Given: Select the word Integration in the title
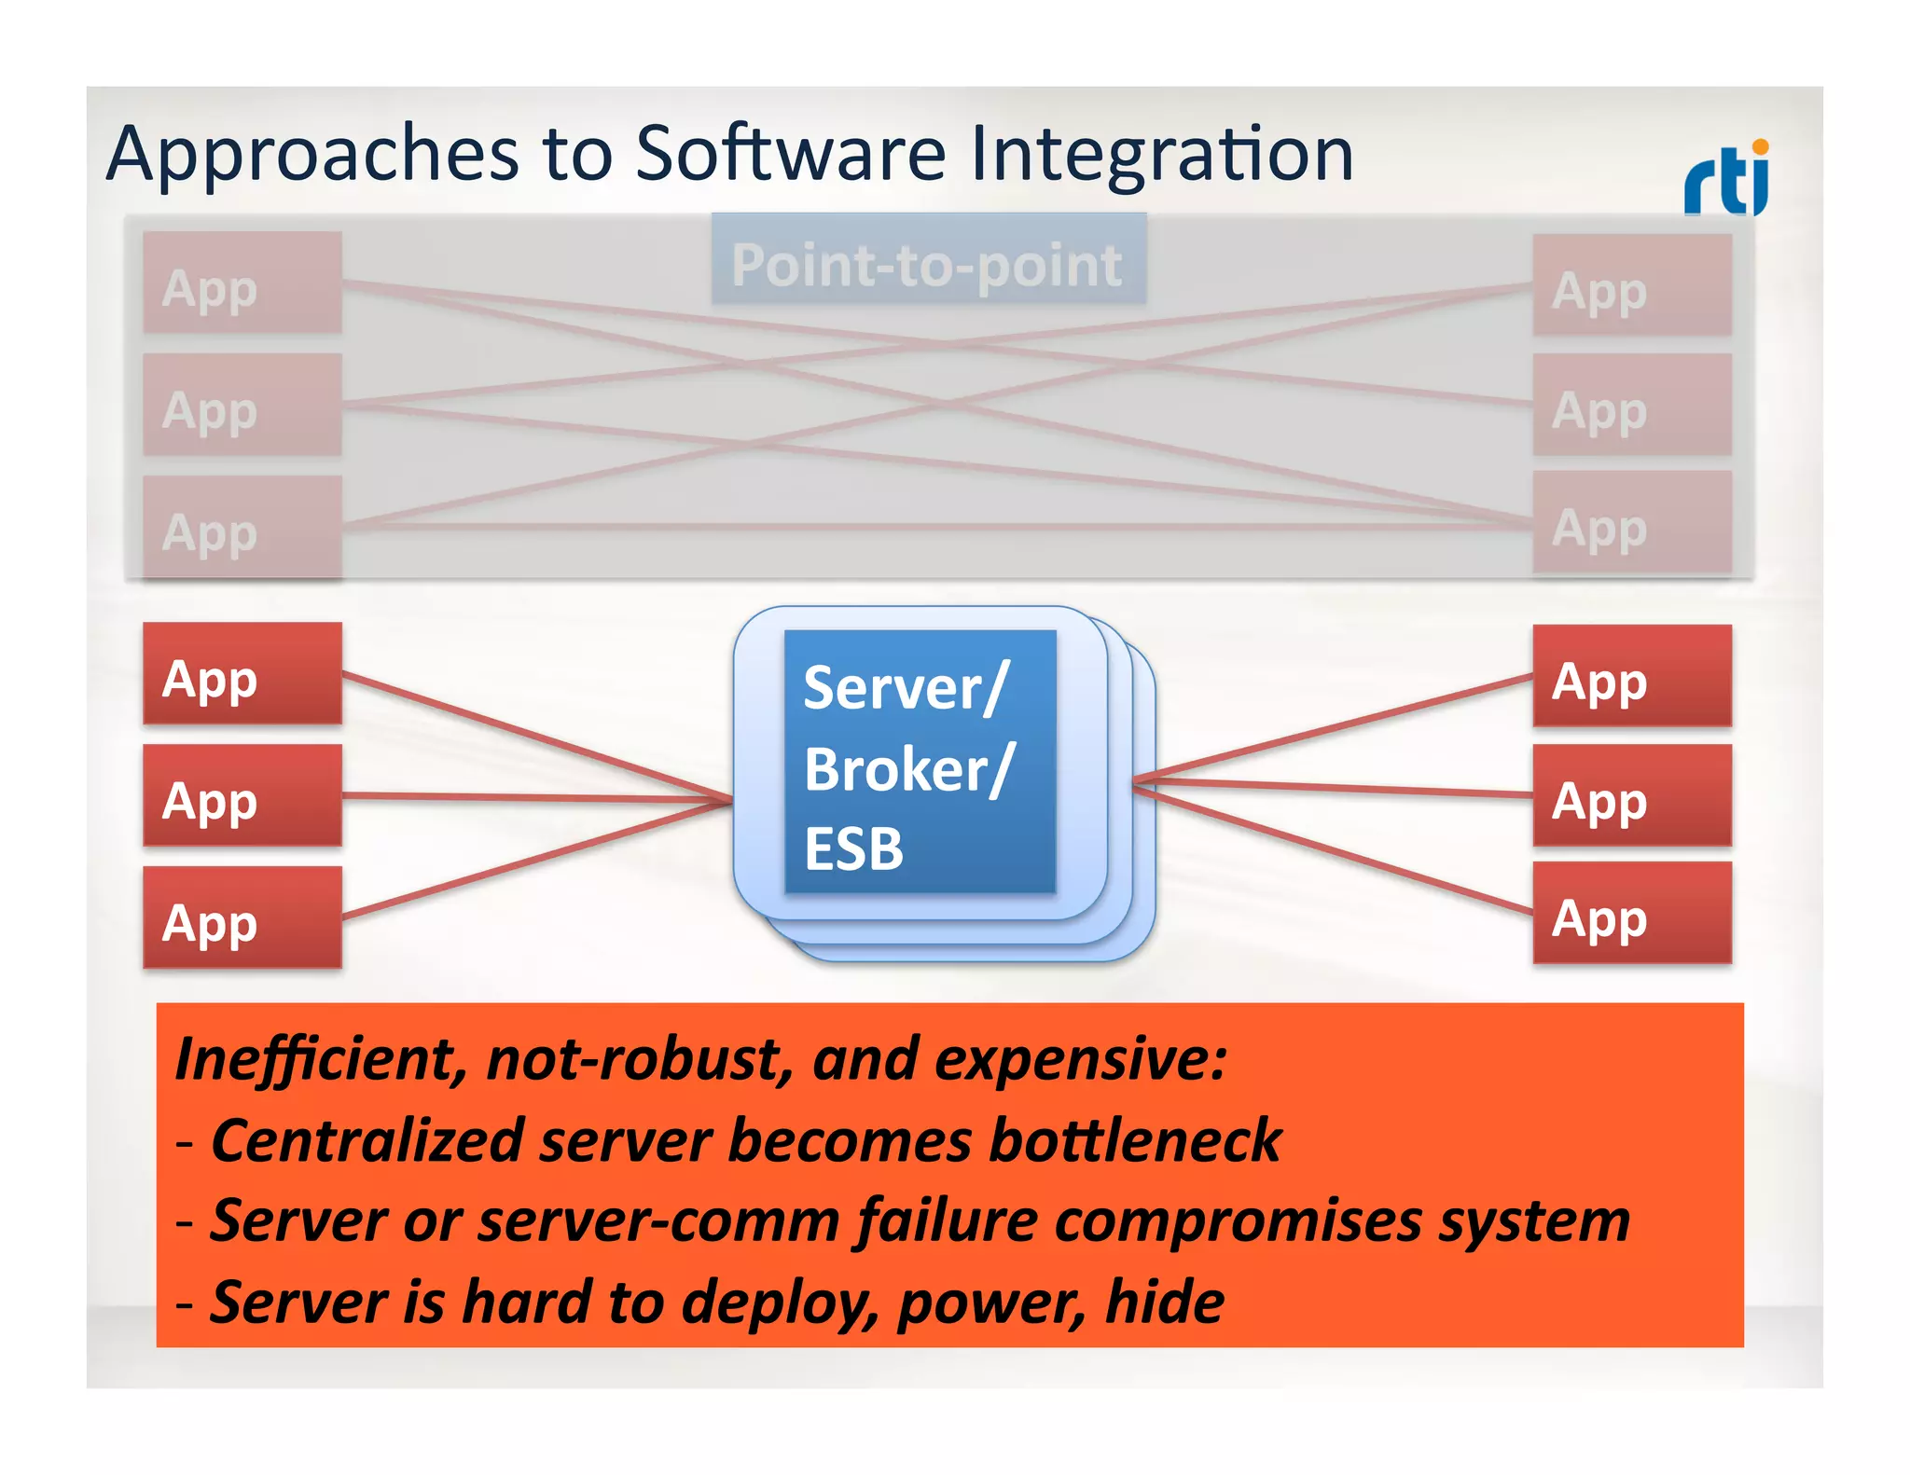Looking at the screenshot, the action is pos(1161,154).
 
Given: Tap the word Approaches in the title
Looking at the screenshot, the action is pos(312,154).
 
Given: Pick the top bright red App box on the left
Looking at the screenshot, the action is pos(242,673).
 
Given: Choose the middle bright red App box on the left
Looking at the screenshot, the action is pos(242,795).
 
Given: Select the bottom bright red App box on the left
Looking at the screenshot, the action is pos(242,917).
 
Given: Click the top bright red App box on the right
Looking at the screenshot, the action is pos(1632,676).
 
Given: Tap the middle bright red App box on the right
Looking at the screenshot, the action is pos(1632,795).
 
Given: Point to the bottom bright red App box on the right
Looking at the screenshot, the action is pos(1632,913).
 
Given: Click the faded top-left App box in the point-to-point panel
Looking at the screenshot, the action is pos(242,283).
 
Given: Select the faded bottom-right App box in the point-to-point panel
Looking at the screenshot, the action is pos(1632,522).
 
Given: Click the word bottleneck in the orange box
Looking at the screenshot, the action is pos(1135,1140).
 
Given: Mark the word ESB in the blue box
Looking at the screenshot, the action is pos(853,849).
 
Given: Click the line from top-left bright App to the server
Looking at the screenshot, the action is pos(536,737).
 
